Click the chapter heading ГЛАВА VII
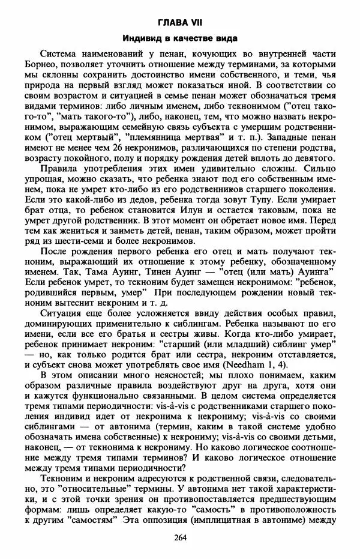click(179, 22)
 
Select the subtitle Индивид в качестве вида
click(179, 38)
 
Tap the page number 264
click(179, 537)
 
